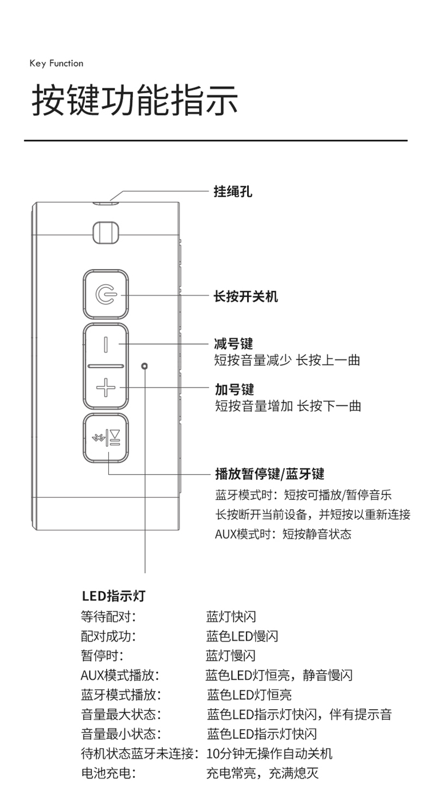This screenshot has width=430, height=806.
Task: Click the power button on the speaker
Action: pyautogui.click(x=106, y=295)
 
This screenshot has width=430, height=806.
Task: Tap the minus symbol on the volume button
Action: pyautogui.click(x=105, y=344)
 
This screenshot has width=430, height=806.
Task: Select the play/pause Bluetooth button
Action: pyautogui.click(x=106, y=437)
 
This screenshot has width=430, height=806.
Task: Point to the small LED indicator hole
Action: pyautogui.click(x=144, y=366)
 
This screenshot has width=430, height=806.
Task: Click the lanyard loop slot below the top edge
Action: pyautogui.click(x=105, y=232)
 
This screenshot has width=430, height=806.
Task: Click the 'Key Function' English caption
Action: pyautogui.click(x=57, y=63)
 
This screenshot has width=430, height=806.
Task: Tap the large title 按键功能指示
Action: pyautogui.click(x=135, y=100)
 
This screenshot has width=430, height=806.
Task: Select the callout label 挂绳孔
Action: pyautogui.click(x=233, y=191)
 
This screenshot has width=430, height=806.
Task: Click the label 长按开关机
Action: pyautogui.click(x=246, y=296)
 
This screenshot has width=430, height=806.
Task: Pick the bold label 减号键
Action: pyautogui.click(x=233, y=343)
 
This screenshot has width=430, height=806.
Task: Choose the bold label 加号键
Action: pyautogui.click(x=234, y=389)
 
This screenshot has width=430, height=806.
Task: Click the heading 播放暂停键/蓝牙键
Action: pyautogui.click(x=270, y=474)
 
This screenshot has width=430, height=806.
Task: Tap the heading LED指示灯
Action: pyautogui.click(x=114, y=596)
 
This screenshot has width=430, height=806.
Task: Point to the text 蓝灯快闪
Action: pyautogui.click(x=231, y=617)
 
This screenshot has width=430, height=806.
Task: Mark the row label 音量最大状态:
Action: pyautogui.click(x=122, y=714)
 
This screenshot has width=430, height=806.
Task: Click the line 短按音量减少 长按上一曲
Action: pyautogui.click(x=287, y=360)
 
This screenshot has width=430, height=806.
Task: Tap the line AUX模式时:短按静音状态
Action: pyautogui.click(x=283, y=534)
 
